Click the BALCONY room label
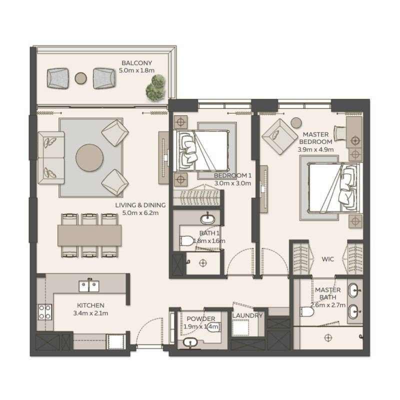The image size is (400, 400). [136, 63]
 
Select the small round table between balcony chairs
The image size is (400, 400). [80, 77]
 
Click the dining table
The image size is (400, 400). [89, 235]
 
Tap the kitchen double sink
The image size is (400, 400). [89, 285]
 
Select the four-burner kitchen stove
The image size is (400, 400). [44, 312]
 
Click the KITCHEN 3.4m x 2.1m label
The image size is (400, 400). [90, 309]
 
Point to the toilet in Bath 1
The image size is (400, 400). [186, 241]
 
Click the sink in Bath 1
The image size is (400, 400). [206, 218]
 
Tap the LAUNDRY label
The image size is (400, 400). [247, 316]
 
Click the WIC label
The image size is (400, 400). [327, 259]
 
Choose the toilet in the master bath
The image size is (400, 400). [307, 311]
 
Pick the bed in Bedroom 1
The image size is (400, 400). [202, 148]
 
